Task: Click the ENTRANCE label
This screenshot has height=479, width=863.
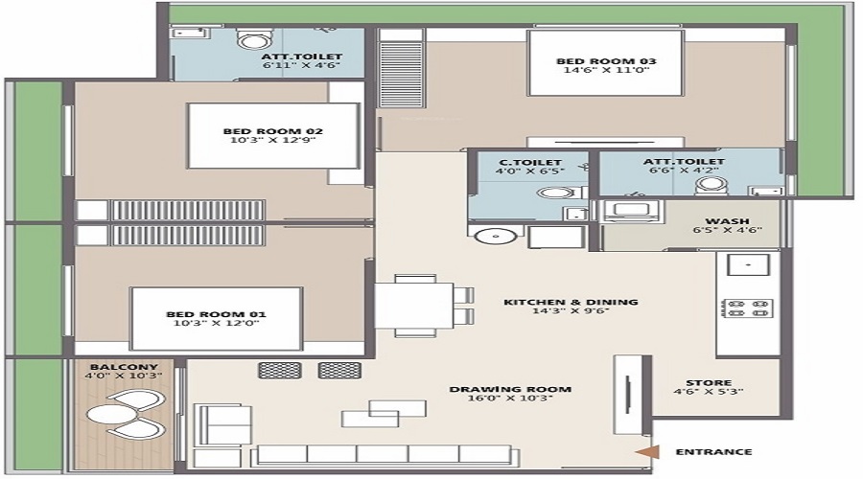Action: click(x=713, y=452)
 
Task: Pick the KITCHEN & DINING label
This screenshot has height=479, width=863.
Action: click(x=571, y=303)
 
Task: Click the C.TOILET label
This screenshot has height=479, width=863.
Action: click(x=530, y=163)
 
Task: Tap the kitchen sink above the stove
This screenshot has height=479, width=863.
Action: click(x=744, y=265)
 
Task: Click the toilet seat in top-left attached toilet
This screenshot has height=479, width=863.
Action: click(x=252, y=40)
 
